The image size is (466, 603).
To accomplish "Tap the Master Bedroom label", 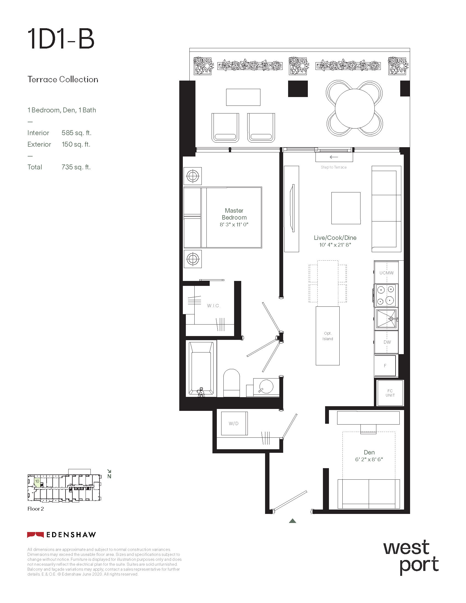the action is pyautogui.click(x=234, y=214).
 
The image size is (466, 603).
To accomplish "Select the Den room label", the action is pyautogui.click(x=369, y=452).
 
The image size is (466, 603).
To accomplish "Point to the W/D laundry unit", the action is pyautogui.click(x=234, y=423).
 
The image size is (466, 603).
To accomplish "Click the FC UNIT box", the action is pyautogui.click(x=390, y=393).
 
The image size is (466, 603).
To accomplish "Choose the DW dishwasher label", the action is pyautogui.click(x=387, y=342).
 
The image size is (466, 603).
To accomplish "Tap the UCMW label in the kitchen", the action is pyautogui.click(x=387, y=273).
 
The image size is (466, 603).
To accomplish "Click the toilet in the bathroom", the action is pyautogui.click(x=231, y=383).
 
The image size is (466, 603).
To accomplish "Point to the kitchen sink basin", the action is pyautogui.click(x=386, y=318).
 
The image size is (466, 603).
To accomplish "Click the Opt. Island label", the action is pyautogui.click(x=328, y=336).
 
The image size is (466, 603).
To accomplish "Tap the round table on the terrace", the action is pyautogui.click(x=355, y=108).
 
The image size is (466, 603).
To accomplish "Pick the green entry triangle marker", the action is pyautogui.click(x=293, y=521).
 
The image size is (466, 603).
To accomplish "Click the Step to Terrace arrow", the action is pyautogui.click(x=334, y=157).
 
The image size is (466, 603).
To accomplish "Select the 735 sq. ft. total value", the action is pyautogui.click(x=76, y=167).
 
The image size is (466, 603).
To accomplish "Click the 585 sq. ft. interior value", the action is pyautogui.click(x=76, y=133).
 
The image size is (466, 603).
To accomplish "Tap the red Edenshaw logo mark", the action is pyautogui.click(x=35, y=535).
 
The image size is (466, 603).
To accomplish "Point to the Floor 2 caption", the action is pyautogui.click(x=36, y=509).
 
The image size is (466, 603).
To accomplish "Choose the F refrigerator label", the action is pyautogui.click(x=385, y=366).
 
